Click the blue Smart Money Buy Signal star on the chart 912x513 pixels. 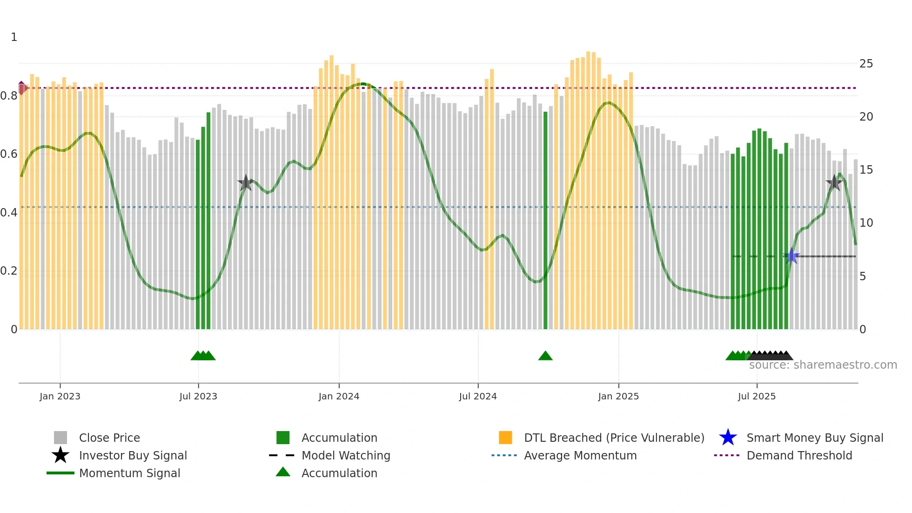pyautogui.click(x=791, y=256)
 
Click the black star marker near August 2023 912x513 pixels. pyautogui.click(x=246, y=183)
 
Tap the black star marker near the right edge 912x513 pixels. pyautogui.click(x=834, y=183)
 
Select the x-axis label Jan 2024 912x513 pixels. pyautogui.click(x=339, y=396)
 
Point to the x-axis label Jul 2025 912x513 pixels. pyautogui.click(x=757, y=396)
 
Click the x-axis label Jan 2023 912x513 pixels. pyautogui.click(x=60, y=396)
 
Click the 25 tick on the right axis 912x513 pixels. pyautogui.click(x=866, y=64)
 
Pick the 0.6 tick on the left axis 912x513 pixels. pyautogui.click(x=9, y=154)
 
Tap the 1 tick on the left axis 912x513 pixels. pyautogui.click(x=14, y=37)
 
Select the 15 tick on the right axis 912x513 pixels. pyautogui.click(x=866, y=170)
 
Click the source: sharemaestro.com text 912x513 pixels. pyautogui.click(x=823, y=365)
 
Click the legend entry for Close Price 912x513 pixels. pyautogui.click(x=109, y=438)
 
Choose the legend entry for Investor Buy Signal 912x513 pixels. pyautogui.click(x=133, y=455)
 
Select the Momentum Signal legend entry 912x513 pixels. pyautogui.click(x=129, y=473)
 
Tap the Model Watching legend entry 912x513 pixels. pyautogui.click(x=346, y=455)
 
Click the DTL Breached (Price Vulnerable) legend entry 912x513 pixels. pyautogui.click(x=614, y=438)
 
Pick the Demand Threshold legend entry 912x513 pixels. pyautogui.click(x=799, y=455)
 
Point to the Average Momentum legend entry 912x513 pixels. pyautogui.click(x=580, y=455)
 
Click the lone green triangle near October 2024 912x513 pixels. pyautogui.click(x=545, y=356)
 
